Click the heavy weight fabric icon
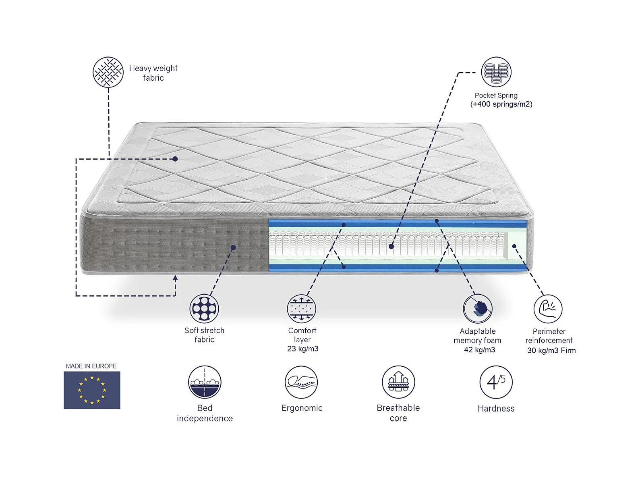click(x=108, y=72)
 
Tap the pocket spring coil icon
click(x=496, y=72)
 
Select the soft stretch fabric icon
click(x=204, y=308)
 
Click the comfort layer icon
click(x=302, y=309)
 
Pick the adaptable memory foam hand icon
click(x=478, y=309)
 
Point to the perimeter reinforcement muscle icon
click(x=548, y=309)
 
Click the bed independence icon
click(x=205, y=382)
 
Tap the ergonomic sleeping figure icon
click(x=301, y=382)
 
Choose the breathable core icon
click(x=398, y=382)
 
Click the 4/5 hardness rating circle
click(x=496, y=382)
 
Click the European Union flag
click(x=92, y=390)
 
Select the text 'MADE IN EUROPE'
click(x=91, y=366)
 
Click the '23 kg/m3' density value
click(x=302, y=349)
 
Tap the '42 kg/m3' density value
click(x=479, y=350)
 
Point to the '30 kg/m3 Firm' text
click(x=551, y=351)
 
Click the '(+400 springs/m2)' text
click(x=501, y=104)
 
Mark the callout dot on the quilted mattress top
click(x=175, y=159)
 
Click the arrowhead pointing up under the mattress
click(x=175, y=278)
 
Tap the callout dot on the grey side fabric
click(x=233, y=247)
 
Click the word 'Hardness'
click(x=496, y=409)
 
